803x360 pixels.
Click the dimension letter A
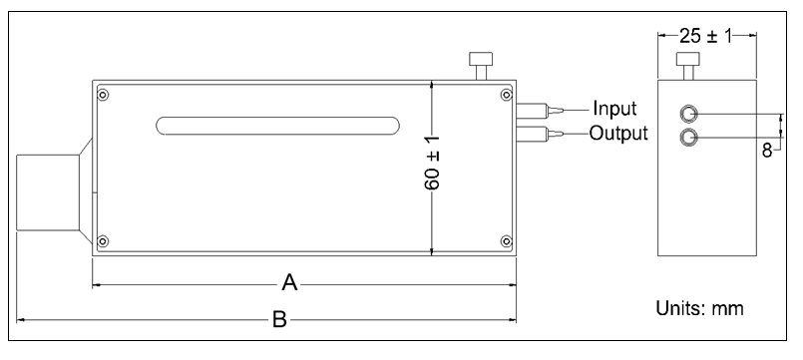point(289,284)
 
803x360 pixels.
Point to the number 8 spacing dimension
point(767,153)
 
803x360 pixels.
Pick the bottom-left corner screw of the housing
point(104,240)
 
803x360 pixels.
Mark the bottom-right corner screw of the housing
point(506,240)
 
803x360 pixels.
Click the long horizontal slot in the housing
point(276,126)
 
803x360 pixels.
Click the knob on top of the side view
point(686,65)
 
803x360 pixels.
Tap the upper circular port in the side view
point(686,114)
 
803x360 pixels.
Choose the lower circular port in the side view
point(686,137)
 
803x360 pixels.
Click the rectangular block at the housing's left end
point(50,195)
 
